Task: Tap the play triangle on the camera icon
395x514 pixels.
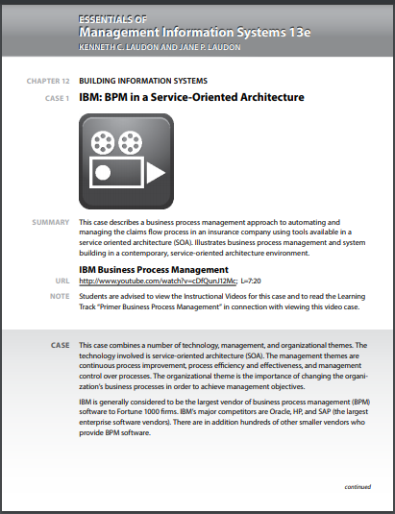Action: (155, 172)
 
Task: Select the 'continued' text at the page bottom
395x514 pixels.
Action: (357, 486)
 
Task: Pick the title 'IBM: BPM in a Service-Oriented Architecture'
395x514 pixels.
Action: (191, 97)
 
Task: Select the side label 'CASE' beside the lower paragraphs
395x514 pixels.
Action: (59, 343)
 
